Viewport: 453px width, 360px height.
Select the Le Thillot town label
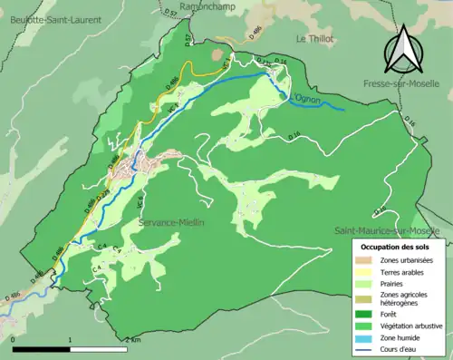[314, 39]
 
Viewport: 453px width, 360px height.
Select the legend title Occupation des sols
[397, 246]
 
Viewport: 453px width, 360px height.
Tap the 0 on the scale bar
[14, 339]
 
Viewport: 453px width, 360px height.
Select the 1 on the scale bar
[71, 339]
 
